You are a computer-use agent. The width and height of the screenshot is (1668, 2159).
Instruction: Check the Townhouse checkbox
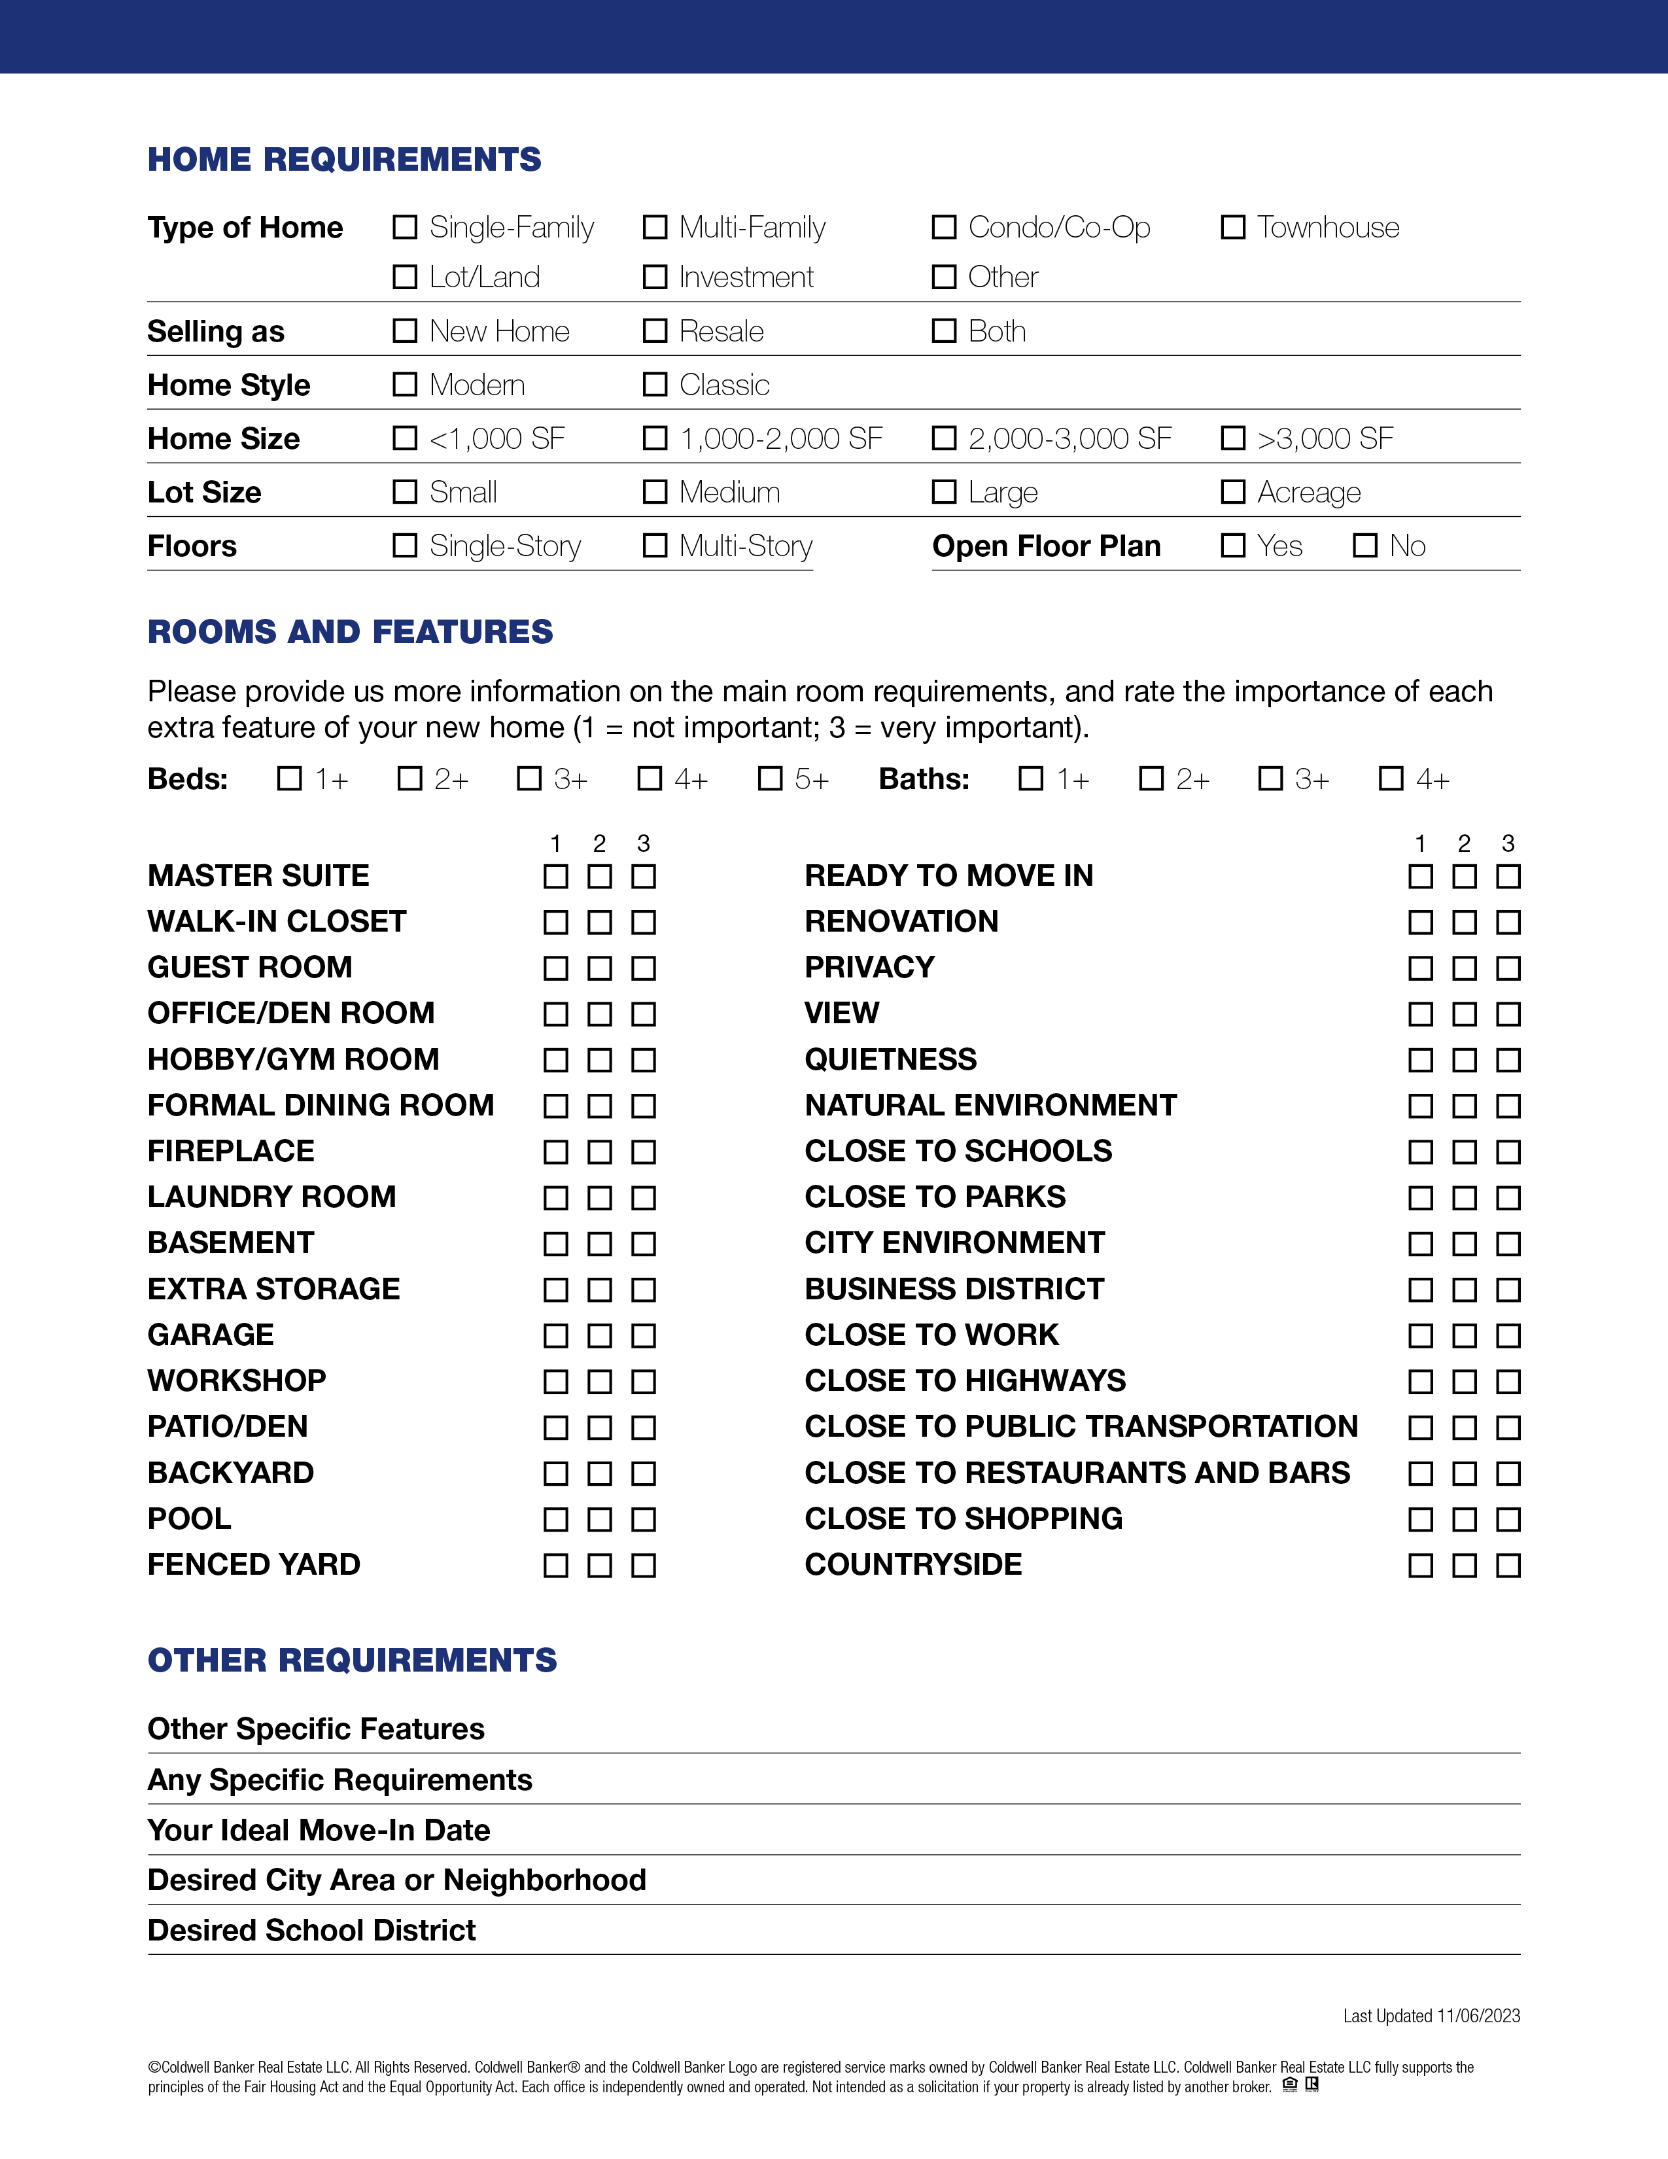point(1232,228)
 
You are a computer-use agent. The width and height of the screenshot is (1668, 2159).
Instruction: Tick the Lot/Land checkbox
point(405,277)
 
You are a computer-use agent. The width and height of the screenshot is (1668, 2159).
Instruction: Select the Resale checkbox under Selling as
point(655,330)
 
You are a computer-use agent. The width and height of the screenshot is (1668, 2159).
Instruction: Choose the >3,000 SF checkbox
point(1232,438)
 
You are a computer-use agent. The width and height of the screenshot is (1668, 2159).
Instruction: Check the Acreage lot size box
point(1232,491)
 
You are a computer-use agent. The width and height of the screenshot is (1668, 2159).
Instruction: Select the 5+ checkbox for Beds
point(770,779)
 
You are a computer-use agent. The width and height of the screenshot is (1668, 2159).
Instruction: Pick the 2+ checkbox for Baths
point(1151,779)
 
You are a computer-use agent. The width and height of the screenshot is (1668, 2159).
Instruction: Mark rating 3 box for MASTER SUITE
point(643,876)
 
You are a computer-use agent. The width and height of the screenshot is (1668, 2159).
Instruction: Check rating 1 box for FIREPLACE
point(557,1151)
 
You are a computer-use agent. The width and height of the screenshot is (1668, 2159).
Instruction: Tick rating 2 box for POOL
point(600,1519)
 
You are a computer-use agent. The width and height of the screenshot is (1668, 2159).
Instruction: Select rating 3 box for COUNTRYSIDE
point(1508,1565)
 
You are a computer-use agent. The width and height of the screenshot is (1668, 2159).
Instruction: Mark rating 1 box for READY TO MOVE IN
point(1420,876)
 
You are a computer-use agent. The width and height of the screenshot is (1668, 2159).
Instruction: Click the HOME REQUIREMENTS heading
point(344,159)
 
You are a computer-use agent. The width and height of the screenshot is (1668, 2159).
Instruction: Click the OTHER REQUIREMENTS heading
point(352,1660)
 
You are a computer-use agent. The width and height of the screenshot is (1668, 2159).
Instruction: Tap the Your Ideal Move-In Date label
point(318,1830)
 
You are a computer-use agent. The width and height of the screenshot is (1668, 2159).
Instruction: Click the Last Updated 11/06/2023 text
point(1431,2016)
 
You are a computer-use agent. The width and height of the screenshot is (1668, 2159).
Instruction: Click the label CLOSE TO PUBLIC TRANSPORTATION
point(1081,1426)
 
